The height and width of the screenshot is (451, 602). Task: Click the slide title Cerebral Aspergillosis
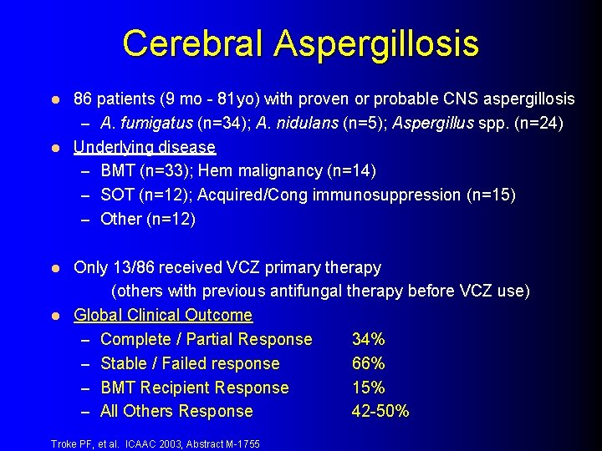click(300, 43)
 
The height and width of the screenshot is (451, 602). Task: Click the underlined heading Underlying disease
click(145, 147)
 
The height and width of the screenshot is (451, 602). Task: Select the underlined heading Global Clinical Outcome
click(163, 315)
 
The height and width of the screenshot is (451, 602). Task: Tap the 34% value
click(368, 339)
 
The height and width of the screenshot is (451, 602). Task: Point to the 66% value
click(368, 363)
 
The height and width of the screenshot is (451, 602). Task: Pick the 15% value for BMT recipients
click(368, 388)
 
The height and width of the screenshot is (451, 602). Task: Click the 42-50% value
click(380, 411)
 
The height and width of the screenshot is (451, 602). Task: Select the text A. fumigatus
click(146, 124)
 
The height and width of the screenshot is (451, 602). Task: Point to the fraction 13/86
click(138, 267)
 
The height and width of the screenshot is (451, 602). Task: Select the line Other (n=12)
click(148, 219)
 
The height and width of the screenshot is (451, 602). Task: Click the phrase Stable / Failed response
click(190, 363)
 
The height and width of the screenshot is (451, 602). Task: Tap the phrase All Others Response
click(176, 411)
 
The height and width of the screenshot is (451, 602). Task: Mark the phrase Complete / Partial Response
click(206, 339)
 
